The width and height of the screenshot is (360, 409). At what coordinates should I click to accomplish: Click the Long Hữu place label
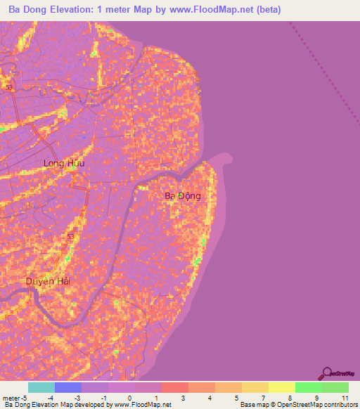click(63, 163)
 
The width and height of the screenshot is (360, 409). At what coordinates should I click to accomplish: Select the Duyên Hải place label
click(49, 281)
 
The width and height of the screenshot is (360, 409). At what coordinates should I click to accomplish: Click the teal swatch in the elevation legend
click(41, 387)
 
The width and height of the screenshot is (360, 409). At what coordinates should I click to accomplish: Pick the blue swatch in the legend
click(68, 387)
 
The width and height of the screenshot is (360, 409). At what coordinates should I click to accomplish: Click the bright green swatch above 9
click(309, 387)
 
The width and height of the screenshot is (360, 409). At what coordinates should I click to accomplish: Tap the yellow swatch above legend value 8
click(282, 387)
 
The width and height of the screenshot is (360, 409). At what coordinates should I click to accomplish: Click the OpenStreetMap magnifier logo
click(326, 374)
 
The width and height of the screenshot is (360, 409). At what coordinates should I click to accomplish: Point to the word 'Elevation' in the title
click(78, 9)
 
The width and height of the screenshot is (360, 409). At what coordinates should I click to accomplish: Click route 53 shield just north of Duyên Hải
click(70, 237)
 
